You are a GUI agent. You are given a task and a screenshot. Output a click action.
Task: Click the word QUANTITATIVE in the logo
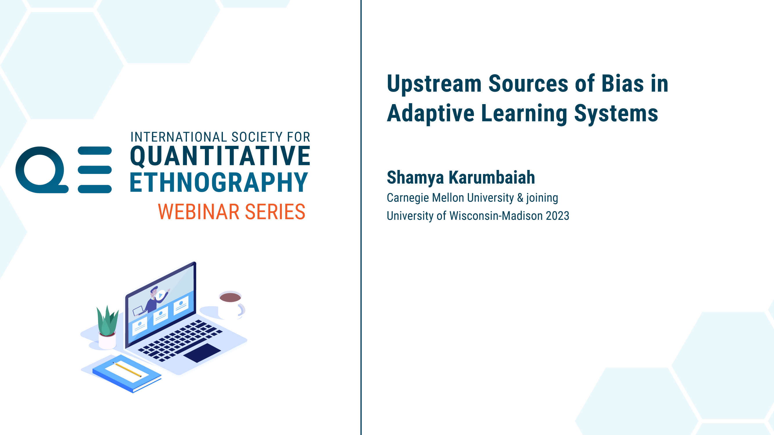[x=220, y=156]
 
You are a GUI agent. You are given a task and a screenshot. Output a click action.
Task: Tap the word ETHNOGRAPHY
[x=219, y=182]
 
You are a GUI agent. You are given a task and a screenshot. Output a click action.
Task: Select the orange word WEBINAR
[x=199, y=212]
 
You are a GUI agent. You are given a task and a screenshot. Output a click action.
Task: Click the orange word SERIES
[x=275, y=212]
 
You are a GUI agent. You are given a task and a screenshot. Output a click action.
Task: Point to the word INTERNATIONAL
[x=178, y=137]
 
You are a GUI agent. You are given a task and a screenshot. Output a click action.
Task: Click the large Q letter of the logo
[x=42, y=170]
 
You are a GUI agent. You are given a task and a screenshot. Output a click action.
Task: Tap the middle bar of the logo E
[x=95, y=170]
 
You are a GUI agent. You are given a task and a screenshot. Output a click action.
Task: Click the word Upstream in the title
[x=434, y=84]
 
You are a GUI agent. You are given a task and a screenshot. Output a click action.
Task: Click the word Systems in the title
[x=616, y=114]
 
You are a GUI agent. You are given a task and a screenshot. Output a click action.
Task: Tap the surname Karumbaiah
[x=492, y=177]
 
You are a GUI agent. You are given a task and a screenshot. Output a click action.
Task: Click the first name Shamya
[x=415, y=178]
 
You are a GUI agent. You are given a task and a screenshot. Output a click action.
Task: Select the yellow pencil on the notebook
[x=127, y=369]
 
